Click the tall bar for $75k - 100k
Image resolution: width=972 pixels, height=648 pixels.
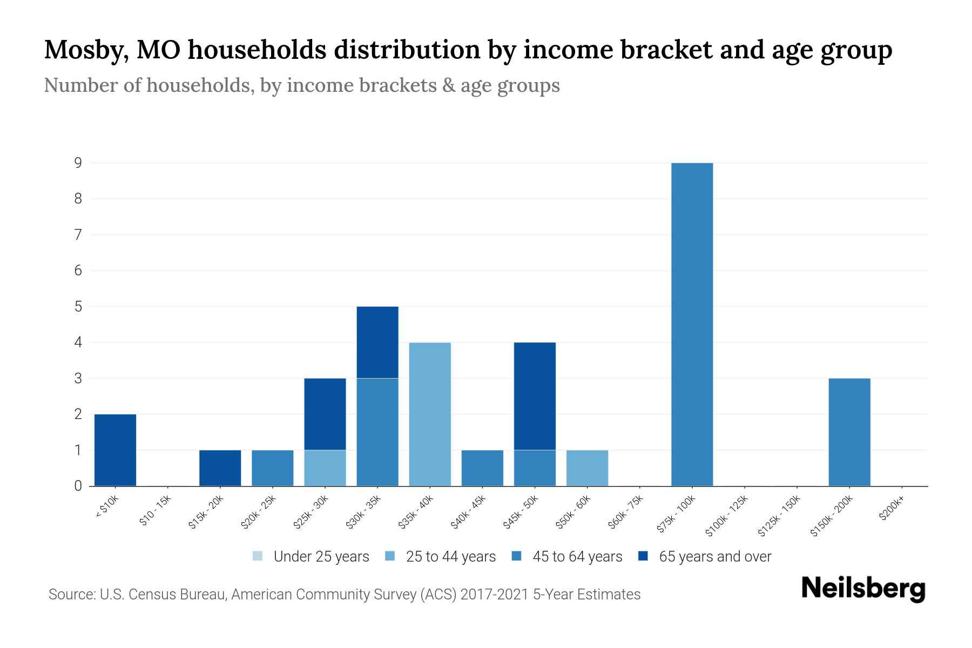point(692,324)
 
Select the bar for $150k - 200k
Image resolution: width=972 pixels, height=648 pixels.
point(849,432)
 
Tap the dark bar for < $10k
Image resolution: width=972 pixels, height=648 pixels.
point(115,450)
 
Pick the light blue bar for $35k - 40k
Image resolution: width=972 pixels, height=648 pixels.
point(430,414)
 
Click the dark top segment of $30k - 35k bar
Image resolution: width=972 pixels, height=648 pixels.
point(377,342)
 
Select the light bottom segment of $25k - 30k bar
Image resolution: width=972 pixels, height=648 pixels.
point(325,468)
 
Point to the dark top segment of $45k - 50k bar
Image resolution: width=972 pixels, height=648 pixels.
point(535,396)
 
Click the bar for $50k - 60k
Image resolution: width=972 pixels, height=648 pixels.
point(587,468)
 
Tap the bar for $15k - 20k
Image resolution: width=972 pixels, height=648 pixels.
point(220,468)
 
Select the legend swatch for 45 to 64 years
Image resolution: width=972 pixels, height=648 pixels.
point(517,556)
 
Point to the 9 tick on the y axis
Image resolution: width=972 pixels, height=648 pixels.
point(78,163)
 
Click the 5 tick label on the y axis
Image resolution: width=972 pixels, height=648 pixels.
point(78,306)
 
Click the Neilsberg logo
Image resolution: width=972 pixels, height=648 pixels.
point(863,588)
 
